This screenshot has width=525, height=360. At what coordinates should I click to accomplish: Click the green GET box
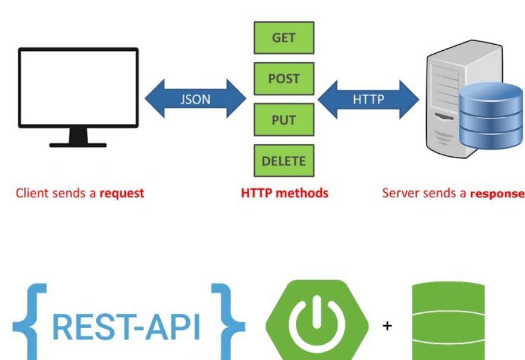pos(284,38)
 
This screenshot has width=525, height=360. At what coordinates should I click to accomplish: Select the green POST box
pos(284,79)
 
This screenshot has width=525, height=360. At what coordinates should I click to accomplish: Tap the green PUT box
pos(284,120)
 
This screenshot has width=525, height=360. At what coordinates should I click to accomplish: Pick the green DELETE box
pos(284,161)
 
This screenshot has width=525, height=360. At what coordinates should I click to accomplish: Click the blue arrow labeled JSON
pos(195,99)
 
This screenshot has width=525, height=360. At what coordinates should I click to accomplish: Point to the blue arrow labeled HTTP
pos(368,99)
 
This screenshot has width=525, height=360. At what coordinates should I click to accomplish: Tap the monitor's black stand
pos(78,139)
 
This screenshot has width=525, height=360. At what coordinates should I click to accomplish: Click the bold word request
pos(122,193)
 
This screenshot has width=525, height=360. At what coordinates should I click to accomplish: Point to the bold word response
pos(496,193)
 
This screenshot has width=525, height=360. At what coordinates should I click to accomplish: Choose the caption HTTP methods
pos(285,193)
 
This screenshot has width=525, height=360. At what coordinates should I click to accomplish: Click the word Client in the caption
pos(33,193)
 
